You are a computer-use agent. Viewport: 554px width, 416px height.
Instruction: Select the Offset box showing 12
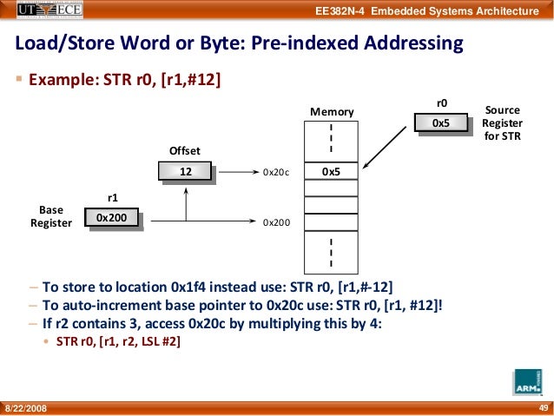point(185,172)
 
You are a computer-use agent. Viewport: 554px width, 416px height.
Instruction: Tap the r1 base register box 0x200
point(111,217)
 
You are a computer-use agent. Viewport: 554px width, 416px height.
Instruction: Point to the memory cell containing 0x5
point(331,172)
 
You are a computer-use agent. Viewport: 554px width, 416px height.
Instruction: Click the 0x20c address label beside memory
point(275,173)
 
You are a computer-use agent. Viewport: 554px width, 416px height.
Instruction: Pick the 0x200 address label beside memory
point(275,222)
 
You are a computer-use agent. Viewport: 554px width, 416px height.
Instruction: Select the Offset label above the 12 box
point(184,150)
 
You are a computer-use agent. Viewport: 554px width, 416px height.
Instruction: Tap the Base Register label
point(50,216)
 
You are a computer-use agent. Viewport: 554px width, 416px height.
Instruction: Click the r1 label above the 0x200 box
point(111,197)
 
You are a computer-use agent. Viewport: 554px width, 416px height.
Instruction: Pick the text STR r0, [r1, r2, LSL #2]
point(119,341)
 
